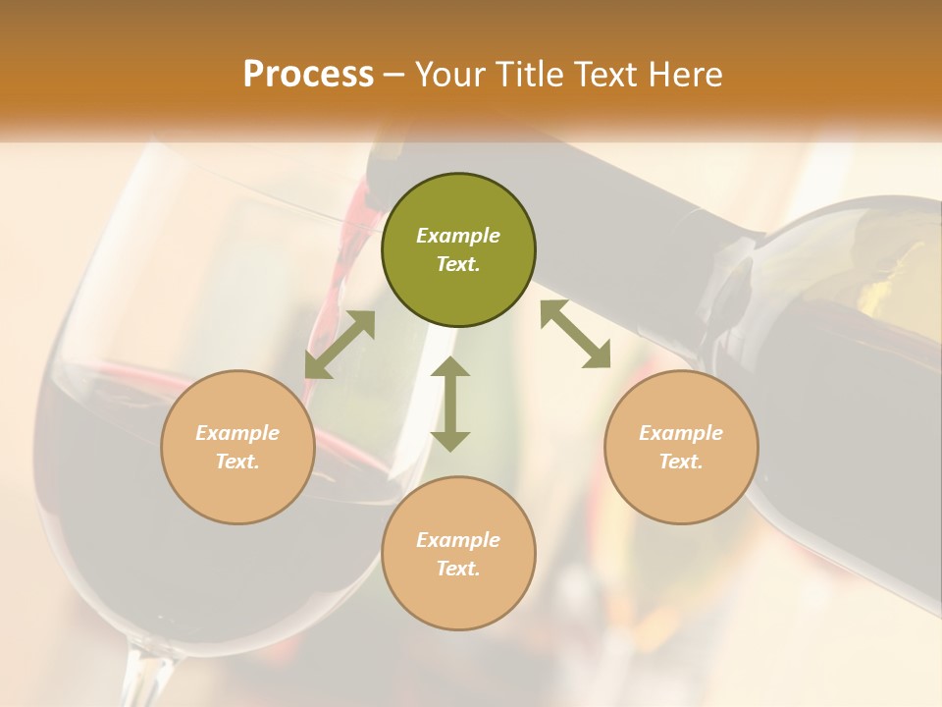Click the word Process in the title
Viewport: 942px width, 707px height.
(x=308, y=75)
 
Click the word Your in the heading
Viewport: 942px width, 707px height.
(x=447, y=75)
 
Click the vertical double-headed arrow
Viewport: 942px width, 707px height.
(x=450, y=404)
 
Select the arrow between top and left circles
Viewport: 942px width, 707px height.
(x=340, y=345)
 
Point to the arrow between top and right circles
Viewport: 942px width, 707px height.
(x=575, y=335)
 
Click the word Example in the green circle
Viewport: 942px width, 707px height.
(x=458, y=236)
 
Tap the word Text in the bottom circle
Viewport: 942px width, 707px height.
(x=458, y=569)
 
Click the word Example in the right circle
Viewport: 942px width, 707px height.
(x=681, y=433)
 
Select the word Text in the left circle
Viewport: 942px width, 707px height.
(x=237, y=462)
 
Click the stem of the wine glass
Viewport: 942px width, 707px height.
(x=147, y=678)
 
